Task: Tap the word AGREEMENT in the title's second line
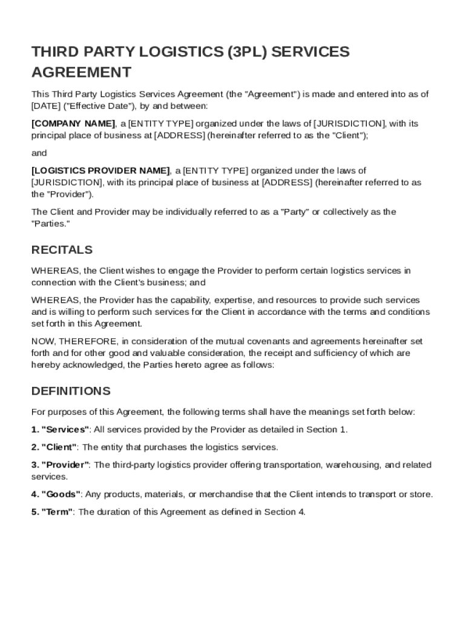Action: tap(81, 73)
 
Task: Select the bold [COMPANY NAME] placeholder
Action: tap(73, 124)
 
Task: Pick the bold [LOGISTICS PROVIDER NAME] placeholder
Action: tap(100, 171)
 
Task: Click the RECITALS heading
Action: tap(62, 250)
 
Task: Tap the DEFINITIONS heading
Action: tap(71, 391)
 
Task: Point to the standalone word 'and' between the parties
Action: tap(39, 153)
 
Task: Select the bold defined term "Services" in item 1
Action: tap(65, 430)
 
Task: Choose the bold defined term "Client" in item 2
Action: tap(59, 447)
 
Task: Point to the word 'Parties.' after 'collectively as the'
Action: tap(51, 223)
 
